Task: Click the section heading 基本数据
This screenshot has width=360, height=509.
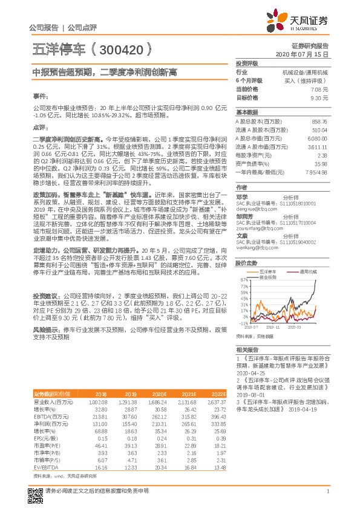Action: click(246, 112)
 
